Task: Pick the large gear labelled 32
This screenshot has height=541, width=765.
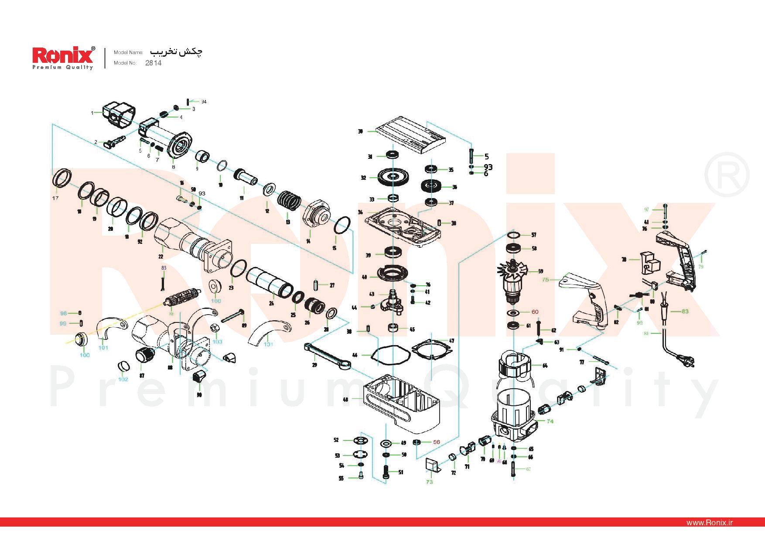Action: (394, 177)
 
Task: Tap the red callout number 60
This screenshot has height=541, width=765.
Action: (535, 312)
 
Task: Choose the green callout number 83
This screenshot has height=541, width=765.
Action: (685, 311)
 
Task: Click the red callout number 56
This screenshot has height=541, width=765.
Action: (437, 442)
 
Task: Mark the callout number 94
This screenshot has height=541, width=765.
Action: (204, 102)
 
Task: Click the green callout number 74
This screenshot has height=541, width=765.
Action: (550, 421)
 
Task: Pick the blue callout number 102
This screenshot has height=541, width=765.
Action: (123, 379)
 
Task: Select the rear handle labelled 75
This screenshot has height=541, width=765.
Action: (587, 299)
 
